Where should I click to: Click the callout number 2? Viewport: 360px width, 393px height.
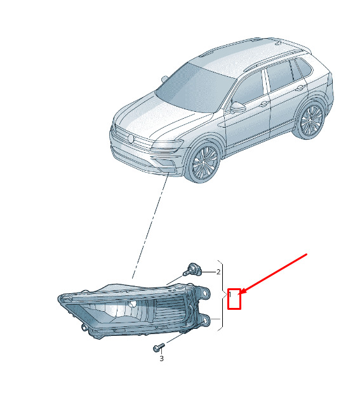218,272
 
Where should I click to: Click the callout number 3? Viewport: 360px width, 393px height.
161,359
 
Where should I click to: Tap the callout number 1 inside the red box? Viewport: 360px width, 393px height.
230,294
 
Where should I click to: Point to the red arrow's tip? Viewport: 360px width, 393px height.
241,293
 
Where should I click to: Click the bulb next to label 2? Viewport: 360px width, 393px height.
192,269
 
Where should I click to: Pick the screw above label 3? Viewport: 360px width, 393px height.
159,347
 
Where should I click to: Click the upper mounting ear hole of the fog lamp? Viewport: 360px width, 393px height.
206,293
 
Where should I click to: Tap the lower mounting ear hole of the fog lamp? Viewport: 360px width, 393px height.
205,321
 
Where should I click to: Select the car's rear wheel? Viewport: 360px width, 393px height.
311,120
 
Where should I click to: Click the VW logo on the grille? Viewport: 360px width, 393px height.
131,138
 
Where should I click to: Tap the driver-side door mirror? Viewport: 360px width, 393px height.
237,107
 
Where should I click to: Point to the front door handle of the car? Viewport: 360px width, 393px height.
263,103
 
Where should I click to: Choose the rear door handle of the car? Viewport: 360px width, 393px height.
300,88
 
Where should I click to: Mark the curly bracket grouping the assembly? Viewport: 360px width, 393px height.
221,295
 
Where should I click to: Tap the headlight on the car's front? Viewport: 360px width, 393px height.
167,145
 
